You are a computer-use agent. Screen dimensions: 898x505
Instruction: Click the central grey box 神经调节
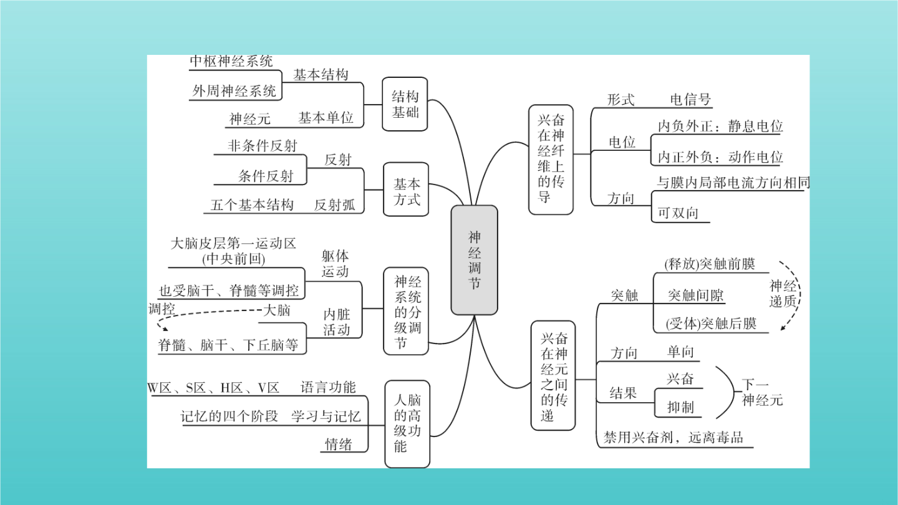(474, 260)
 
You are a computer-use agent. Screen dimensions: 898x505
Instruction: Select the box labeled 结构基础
(405, 104)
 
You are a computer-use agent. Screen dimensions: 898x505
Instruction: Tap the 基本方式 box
(406, 189)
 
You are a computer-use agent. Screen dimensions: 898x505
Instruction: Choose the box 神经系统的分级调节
(406, 311)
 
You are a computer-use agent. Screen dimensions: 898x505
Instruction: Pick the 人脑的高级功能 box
(407, 424)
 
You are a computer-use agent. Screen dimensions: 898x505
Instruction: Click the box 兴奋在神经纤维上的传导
(551, 160)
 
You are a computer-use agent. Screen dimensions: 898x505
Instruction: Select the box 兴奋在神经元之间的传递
(553, 375)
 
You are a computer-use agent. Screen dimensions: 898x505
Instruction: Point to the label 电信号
(690, 99)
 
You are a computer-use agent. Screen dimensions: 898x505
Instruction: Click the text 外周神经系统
(234, 91)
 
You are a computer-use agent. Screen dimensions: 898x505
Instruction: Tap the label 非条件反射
(263, 145)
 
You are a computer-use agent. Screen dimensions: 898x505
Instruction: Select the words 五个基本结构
(252, 205)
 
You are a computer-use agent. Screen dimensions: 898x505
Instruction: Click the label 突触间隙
(695, 296)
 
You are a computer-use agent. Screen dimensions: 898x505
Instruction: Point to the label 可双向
(678, 213)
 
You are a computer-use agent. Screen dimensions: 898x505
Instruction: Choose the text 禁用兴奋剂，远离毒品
(673, 437)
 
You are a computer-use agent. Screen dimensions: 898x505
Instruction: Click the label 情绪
(339, 444)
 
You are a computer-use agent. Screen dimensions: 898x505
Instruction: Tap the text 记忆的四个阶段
(229, 416)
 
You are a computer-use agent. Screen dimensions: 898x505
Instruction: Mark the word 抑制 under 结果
(680, 407)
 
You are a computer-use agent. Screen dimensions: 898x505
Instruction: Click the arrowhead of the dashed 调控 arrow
(165, 329)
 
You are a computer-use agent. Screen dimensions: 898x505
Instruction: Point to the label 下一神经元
(762, 392)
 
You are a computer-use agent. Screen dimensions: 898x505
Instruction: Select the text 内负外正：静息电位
(720, 126)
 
